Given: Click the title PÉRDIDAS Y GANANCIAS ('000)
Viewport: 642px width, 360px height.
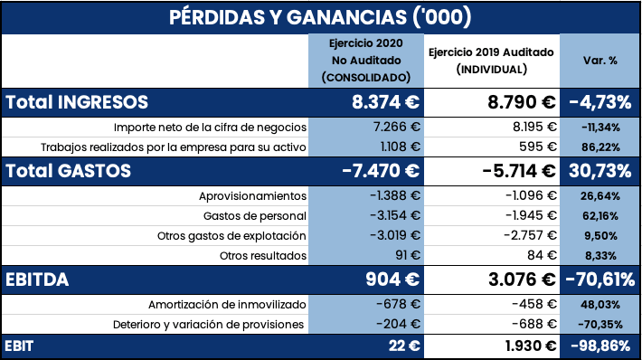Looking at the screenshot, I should [320, 17].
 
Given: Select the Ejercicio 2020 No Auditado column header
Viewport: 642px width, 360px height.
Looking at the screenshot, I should [366, 61].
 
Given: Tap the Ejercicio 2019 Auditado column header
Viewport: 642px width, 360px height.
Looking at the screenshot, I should [492, 61].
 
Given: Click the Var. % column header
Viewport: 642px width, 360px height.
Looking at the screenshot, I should [600, 61].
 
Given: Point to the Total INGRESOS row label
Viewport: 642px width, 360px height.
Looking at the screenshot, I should [78, 102].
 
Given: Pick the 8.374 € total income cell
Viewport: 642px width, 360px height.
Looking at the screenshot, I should [384, 102].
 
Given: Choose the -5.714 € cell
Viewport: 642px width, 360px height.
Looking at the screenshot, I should [510, 170].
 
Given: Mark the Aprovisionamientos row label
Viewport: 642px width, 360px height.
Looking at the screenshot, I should [252, 196].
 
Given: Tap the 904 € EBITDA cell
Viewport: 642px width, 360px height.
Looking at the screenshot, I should [392, 279].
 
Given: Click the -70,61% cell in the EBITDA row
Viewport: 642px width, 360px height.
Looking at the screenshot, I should [600, 279].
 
